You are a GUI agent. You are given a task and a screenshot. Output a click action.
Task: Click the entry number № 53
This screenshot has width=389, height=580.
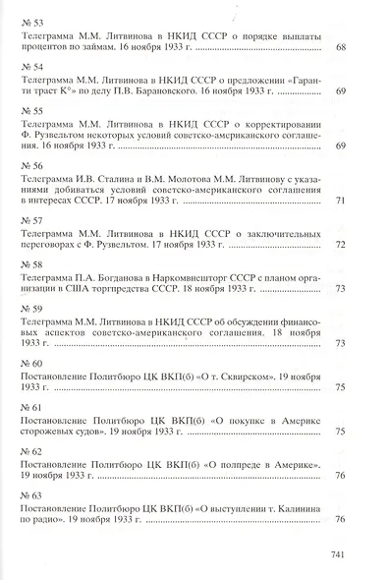pos(30,21)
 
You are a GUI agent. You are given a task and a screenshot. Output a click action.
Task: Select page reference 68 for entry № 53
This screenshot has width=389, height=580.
pos(341,47)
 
